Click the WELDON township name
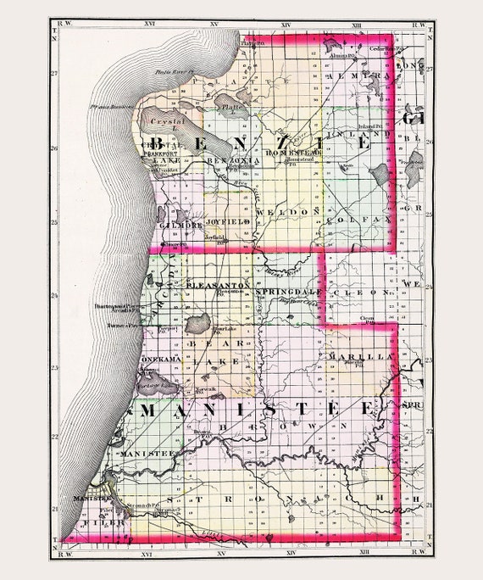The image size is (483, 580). [x=293, y=209]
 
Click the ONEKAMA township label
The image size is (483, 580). [x=158, y=360]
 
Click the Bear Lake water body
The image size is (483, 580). [x=197, y=323]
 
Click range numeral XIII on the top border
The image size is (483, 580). [x=357, y=26]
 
